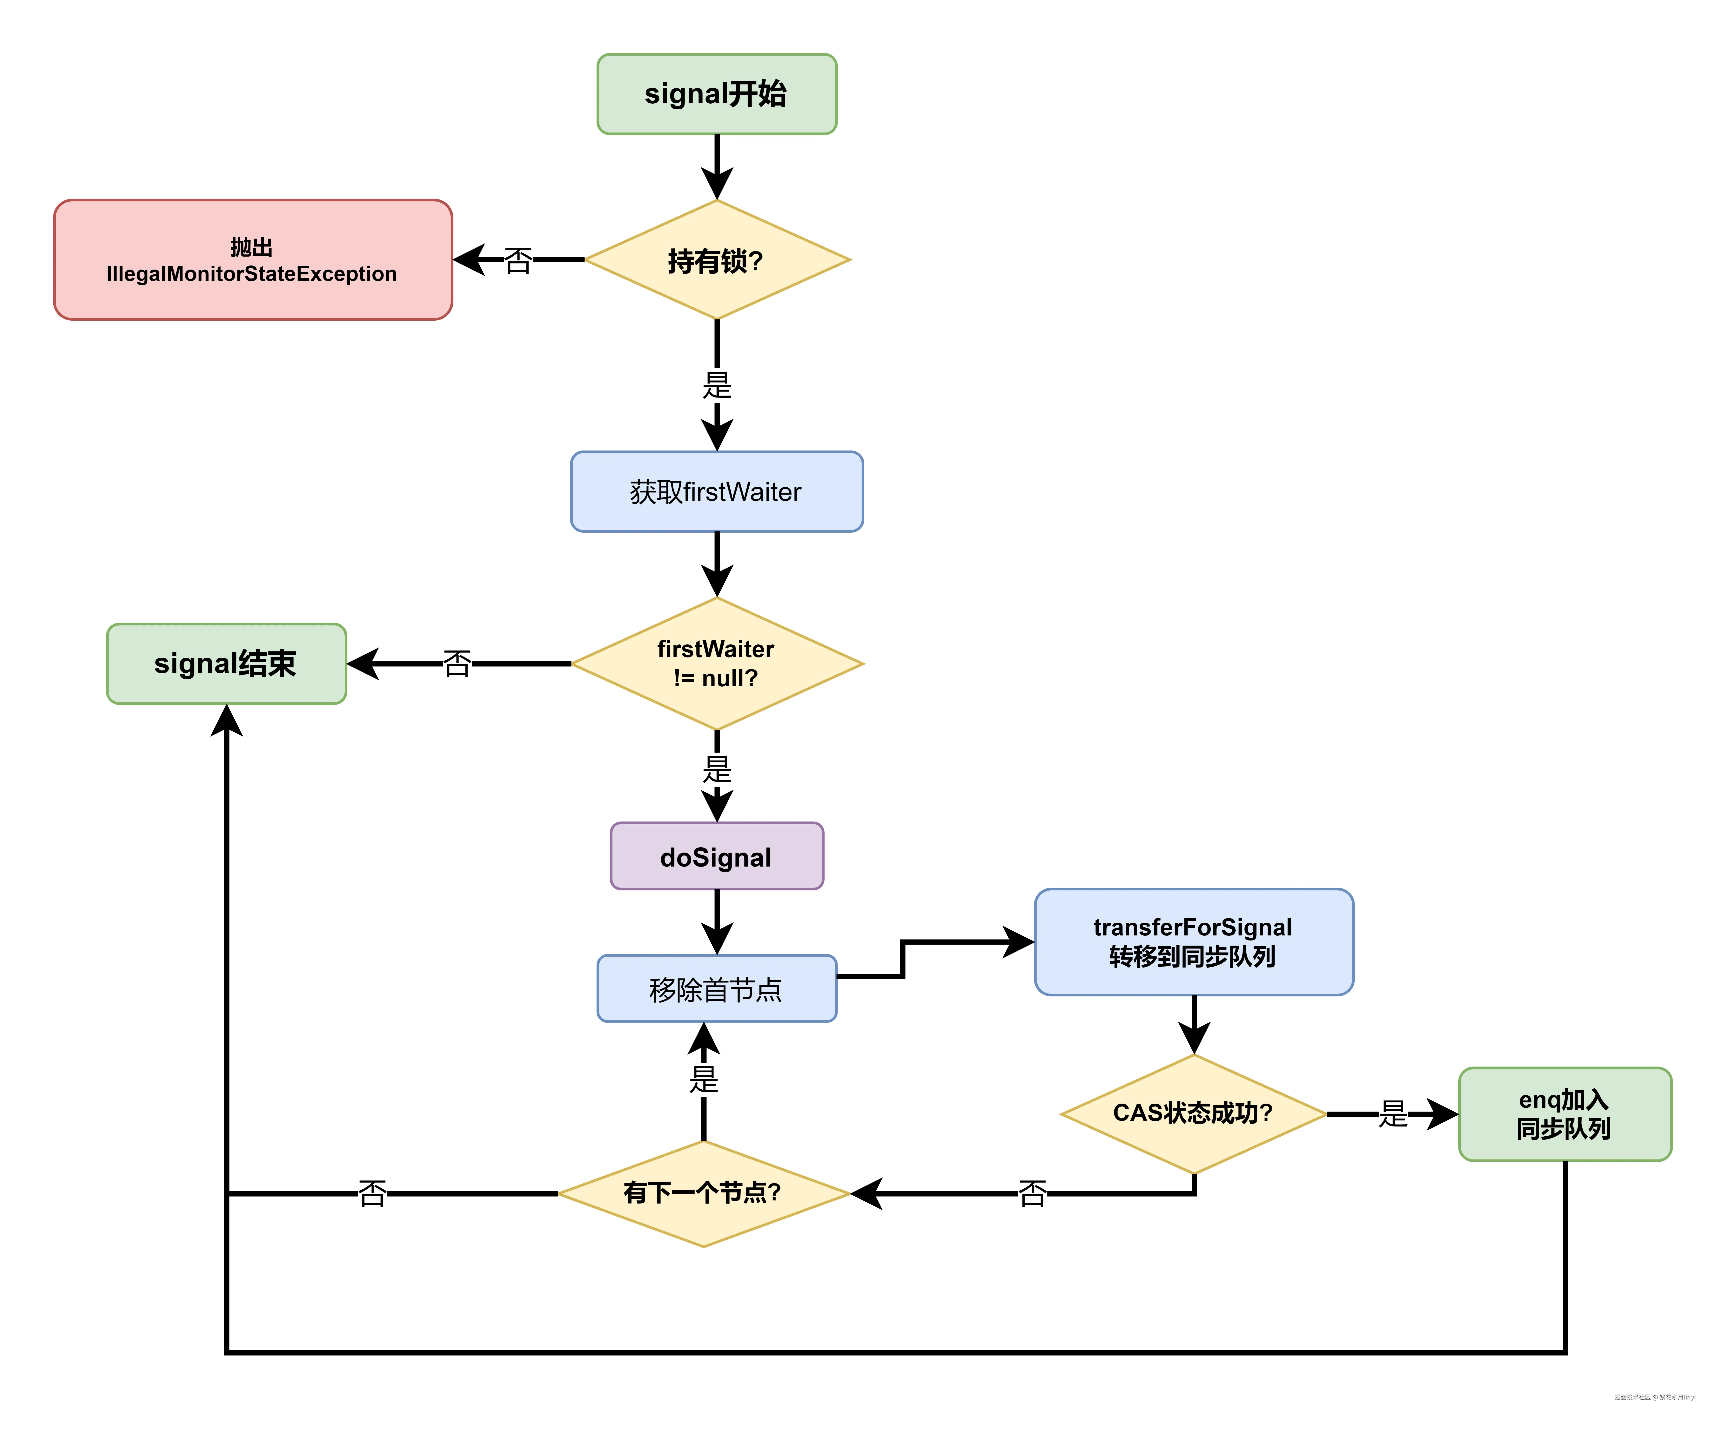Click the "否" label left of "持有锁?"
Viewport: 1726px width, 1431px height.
(518, 260)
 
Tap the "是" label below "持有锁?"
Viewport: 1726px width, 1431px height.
(717, 384)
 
